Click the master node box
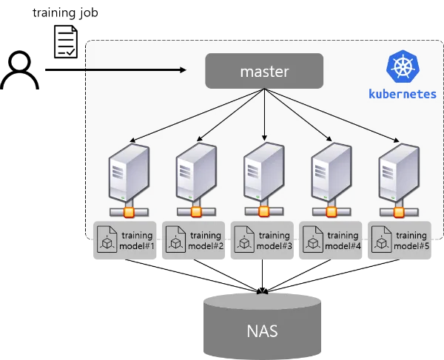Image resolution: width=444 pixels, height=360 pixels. (264, 72)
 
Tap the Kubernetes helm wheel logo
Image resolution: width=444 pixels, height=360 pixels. (402, 67)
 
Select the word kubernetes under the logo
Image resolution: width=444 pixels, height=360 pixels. (402, 95)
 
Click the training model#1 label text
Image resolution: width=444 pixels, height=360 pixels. (136, 241)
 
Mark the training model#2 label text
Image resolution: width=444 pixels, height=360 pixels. (204, 241)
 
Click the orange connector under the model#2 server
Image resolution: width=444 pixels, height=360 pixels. (196, 213)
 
